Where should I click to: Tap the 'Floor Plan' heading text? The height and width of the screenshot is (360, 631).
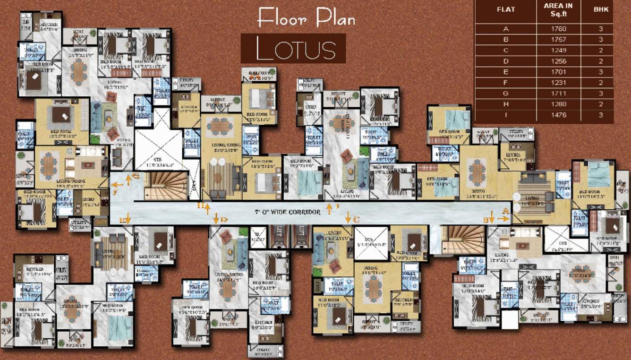click(306, 18)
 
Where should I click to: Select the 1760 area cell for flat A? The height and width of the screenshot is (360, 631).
click(558, 29)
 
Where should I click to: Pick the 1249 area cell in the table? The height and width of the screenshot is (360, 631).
click(558, 50)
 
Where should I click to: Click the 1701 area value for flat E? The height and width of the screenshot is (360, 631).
click(558, 72)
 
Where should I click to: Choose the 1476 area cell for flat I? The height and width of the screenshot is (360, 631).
click(558, 115)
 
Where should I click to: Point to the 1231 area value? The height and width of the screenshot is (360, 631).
click(558, 83)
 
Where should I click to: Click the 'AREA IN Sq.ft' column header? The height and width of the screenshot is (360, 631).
click(558, 9)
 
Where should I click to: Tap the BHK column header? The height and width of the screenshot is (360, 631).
click(601, 9)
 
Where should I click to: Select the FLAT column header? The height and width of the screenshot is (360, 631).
click(506, 9)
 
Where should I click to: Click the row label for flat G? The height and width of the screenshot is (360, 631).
click(506, 94)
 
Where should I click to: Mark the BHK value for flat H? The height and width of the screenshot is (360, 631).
click(601, 104)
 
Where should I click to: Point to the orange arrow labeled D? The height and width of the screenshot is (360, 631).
click(216, 218)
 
